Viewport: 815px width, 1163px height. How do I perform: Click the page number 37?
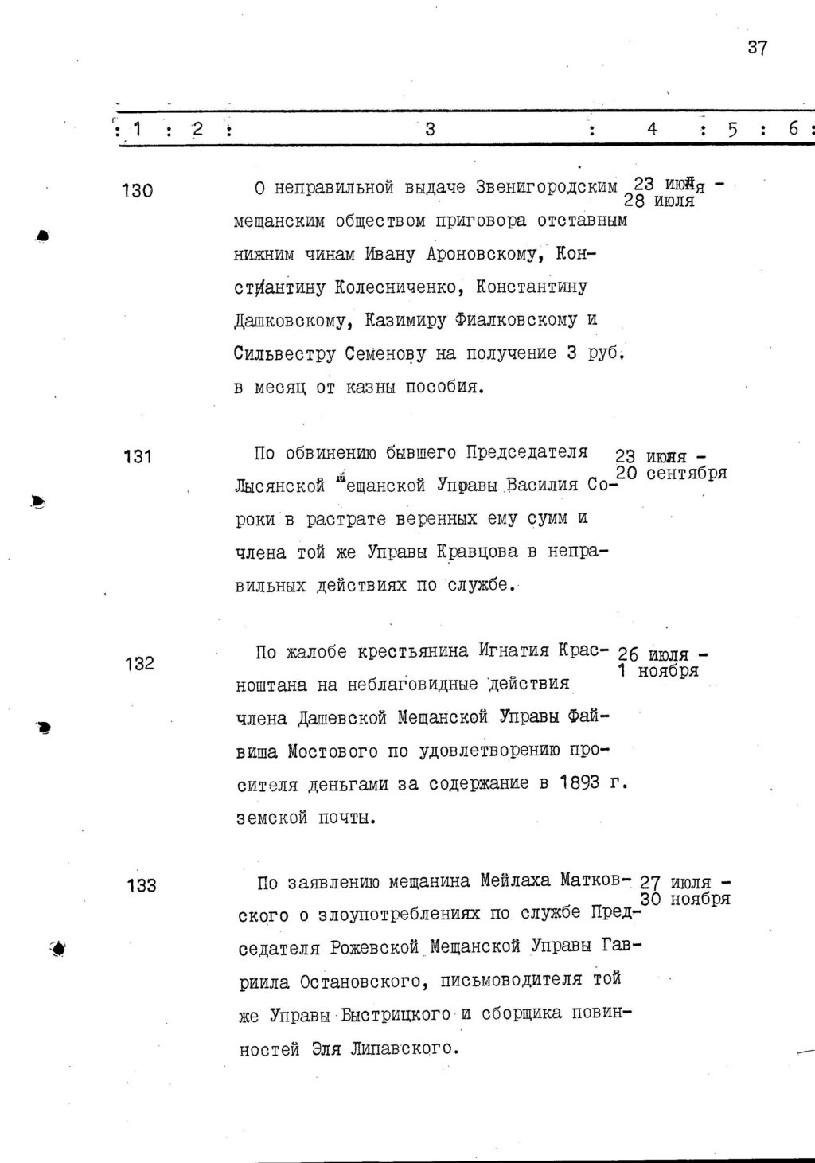(757, 48)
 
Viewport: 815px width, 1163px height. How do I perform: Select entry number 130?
(137, 191)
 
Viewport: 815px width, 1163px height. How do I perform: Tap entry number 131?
(137, 457)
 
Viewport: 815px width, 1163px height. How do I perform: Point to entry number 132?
(139, 664)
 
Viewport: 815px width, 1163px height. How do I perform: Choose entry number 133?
(141, 885)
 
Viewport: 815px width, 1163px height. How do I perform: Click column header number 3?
(430, 129)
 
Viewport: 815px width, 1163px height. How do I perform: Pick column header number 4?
(652, 129)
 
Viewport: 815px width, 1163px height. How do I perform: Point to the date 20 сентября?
(672, 474)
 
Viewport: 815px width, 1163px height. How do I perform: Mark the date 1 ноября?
(659, 671)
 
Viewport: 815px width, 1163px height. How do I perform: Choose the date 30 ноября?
(685, 900)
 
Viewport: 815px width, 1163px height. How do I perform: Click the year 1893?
(579, 783)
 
